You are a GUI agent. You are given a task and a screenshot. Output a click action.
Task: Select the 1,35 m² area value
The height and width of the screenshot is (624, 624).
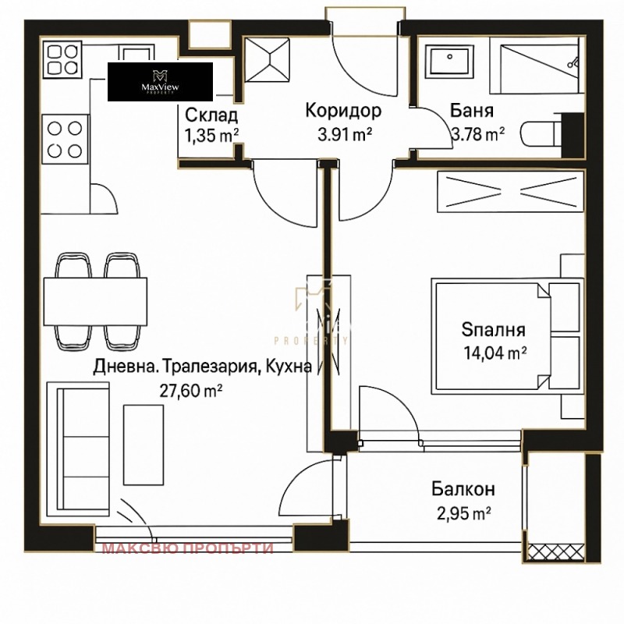click(211, 135)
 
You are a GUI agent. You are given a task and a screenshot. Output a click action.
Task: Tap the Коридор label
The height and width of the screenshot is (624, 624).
click(338, 110)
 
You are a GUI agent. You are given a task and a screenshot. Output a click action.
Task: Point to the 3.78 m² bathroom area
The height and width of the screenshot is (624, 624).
click(477, 135)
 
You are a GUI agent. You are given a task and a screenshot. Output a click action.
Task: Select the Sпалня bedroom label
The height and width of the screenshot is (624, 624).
click(493, 330)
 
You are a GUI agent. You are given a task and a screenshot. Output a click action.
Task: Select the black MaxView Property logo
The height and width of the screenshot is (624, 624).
click(160, 82)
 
